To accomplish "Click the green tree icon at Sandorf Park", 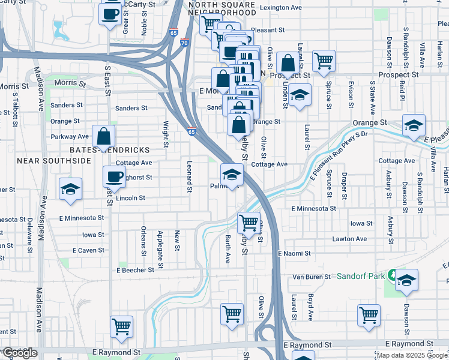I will point(393,276).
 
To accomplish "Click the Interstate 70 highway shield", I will point(184,43).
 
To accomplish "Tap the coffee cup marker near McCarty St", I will point(110,14).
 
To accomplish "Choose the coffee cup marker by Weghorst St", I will point(114,176).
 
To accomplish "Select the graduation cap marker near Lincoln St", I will point(70,188).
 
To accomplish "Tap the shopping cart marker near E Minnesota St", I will point(249,223).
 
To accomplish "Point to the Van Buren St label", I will point(311,277).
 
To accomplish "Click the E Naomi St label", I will point(294,254).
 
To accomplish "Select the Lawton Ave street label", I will point(349,239).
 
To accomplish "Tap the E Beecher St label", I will point(136,271).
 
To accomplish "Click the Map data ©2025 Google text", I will point(412,355).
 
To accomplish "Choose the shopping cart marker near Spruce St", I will point(324,60).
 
